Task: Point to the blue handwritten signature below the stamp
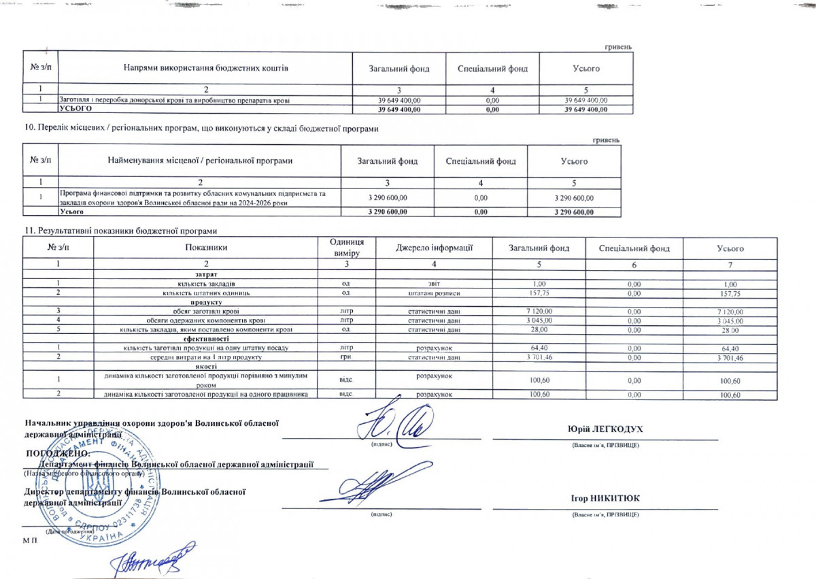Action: point(154,558)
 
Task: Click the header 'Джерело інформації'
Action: point(434,248)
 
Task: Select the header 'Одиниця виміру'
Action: point(346,248)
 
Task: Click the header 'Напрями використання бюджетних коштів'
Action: point(206,68)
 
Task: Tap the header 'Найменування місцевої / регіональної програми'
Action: point(200,161)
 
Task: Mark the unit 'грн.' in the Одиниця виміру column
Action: point(345,357)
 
